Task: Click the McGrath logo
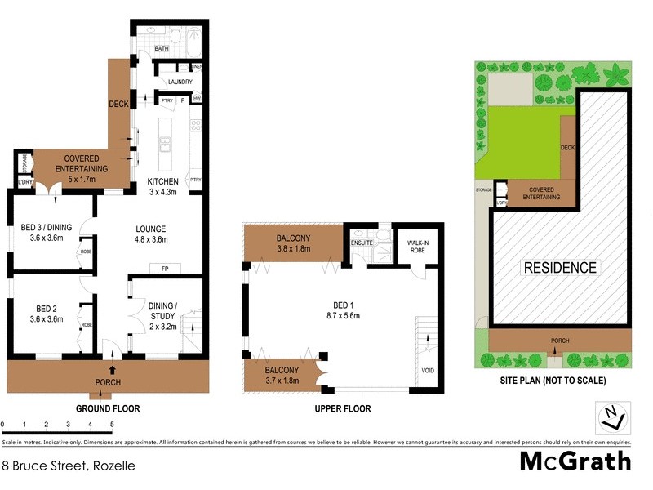click(575, 461)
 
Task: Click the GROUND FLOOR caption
click(108, 408)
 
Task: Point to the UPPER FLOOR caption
click(344, 408)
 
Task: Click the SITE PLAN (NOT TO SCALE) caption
click(553, 381)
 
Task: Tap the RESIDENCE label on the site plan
click(559, 267)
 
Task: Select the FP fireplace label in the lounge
click(164, 267)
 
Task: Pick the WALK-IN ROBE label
click(411, 245)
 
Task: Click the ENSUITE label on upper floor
click(362, 243)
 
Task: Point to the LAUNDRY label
click(180, 82)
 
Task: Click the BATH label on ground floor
click(162, 49)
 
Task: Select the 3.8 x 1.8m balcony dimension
click(294, 249)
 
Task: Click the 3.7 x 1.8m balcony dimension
click(282, 380)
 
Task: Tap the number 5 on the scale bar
click(112, 425)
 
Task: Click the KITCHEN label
click(162, 180)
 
